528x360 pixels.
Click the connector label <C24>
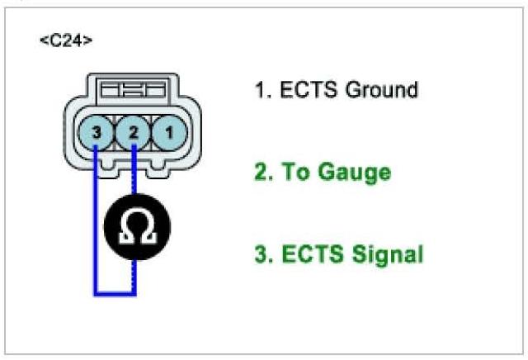[66, 41]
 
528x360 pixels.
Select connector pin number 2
[134, 130]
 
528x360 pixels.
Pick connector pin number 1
[169, 130]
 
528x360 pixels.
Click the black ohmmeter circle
[136, 226]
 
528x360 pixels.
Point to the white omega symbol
[136, 227]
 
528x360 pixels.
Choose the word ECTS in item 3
[310, 255]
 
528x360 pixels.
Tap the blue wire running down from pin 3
[96, 215]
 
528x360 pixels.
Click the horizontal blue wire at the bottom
[115, 292]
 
